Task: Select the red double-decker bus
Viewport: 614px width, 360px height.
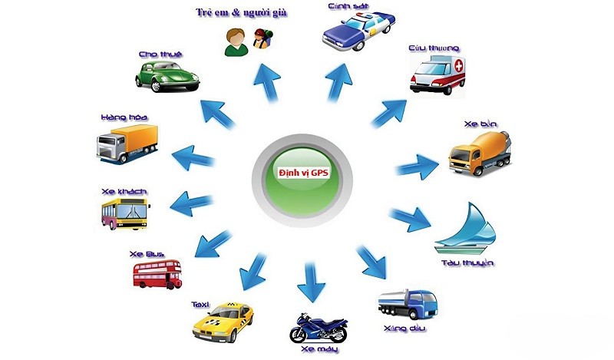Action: click(157, 273)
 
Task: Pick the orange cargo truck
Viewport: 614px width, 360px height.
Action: click(126, 145)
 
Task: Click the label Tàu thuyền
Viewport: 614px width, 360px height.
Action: click(467, 263)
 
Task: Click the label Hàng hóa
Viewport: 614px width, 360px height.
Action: click(124, 117)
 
